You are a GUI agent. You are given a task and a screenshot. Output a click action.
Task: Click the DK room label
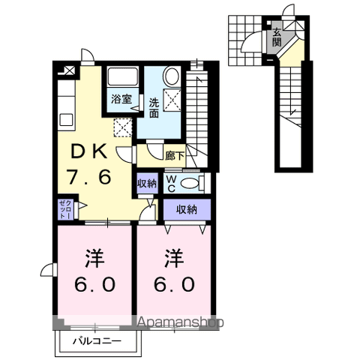89,151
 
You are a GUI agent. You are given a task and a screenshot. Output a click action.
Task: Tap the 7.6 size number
88,177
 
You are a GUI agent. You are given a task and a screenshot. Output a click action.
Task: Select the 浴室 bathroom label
121,100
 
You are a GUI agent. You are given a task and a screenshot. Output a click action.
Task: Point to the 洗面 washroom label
154,108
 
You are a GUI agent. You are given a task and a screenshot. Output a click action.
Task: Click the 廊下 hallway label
175,156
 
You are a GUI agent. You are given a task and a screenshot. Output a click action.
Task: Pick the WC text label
171,184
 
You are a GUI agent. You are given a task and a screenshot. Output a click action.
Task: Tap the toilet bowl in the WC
189,184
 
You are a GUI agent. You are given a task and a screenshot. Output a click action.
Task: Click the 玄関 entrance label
277,37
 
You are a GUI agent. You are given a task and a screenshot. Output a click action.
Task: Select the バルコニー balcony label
97,341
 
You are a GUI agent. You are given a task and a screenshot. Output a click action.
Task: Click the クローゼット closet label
66,209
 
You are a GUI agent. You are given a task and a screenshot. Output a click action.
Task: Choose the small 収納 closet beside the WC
147,184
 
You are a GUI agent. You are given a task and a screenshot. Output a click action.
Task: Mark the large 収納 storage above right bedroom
187,209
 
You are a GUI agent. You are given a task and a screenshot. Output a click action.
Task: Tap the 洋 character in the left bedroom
95,259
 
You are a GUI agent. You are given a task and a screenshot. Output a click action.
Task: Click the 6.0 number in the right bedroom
174,285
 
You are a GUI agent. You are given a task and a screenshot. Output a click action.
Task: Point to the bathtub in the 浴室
123,76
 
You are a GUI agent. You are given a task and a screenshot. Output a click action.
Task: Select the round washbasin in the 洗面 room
171,76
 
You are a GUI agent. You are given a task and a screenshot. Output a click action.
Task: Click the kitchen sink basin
67,119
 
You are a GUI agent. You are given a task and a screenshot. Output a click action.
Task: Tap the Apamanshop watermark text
181,322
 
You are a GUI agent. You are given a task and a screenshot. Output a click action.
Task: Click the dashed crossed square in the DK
123,127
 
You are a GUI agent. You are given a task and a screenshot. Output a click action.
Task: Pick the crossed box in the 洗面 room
172,100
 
